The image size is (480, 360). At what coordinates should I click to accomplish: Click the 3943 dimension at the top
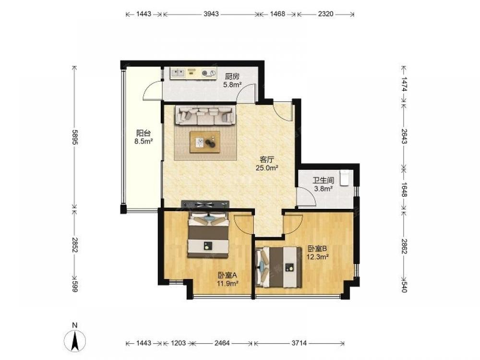pos(211,14)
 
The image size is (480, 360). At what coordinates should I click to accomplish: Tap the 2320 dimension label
pos(326,14)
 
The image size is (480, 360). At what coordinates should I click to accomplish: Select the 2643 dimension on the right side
pos(404,136)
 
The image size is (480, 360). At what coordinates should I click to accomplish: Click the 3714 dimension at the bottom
pos(299,343)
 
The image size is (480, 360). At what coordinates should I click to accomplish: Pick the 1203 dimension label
pos(178,343)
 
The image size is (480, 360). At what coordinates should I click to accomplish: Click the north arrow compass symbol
pos(75,340)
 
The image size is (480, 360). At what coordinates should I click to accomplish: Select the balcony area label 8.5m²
pos(144,141)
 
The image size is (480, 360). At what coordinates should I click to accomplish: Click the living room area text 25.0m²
pos(267,168)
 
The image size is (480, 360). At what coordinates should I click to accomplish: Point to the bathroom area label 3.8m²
pos(323,189)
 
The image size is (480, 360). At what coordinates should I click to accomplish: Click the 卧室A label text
pos(228,275)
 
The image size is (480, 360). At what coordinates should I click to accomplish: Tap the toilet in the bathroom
pos(345,178)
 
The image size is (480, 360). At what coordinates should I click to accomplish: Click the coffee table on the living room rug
pos(205,142)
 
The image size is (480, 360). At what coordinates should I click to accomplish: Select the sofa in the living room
pos(205,115)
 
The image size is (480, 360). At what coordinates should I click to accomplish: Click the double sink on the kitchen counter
pos(178,72)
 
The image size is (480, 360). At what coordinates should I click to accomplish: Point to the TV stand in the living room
pos(205,204)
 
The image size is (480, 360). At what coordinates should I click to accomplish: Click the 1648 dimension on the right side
pos(404,190)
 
